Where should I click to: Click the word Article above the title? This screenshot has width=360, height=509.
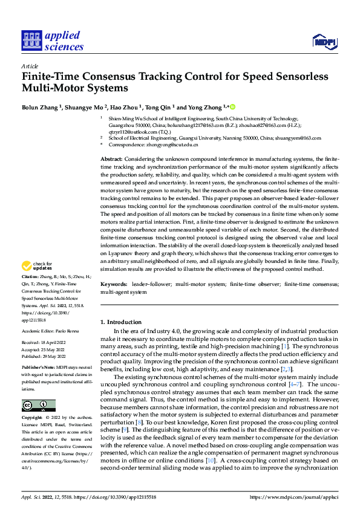[30, 66]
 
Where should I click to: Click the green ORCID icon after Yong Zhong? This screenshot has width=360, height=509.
[232, 106]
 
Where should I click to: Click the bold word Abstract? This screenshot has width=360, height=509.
[113, 158]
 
